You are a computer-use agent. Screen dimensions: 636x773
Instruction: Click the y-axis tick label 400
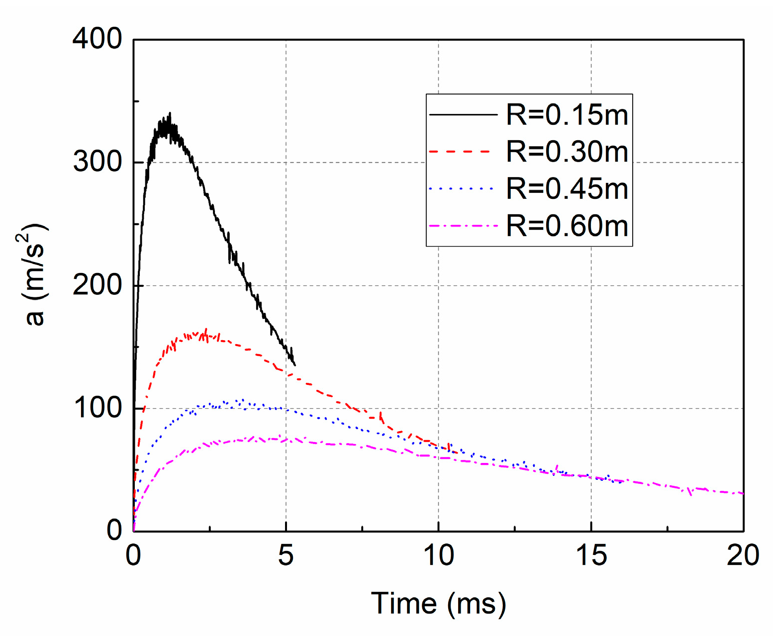click(x=97, y=39)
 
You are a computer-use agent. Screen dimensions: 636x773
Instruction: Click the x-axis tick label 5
click(x=286, y=555)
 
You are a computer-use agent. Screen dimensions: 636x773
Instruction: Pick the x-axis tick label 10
click(x=438, y=555)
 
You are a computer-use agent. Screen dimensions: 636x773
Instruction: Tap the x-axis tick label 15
click(x=591, y=555)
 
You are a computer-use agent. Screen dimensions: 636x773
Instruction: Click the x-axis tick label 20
click(x=743, y=555)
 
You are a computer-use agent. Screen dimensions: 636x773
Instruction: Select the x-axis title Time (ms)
click(x=438, y=604)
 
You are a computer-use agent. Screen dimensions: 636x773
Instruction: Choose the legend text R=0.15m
click(x=567, y=115)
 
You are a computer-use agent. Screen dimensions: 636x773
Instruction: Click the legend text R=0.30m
click(x=567, y=152)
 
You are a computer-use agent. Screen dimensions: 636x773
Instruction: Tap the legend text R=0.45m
click(x=567, y=189)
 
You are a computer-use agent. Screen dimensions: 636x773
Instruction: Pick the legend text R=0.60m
click(x=567, y=226)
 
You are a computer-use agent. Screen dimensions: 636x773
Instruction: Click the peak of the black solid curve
click(x=170, y=113)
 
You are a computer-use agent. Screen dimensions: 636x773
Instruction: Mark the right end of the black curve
click(x=295, y=365)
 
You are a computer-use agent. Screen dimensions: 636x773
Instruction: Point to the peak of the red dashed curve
click(x=206, y=329)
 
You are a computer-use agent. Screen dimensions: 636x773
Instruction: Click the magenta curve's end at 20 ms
click(x=743, y=493)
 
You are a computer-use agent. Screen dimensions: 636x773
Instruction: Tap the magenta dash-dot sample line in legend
click(x=463, y=226)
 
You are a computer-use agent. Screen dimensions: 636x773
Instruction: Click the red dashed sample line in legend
click(x=463, y=152)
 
